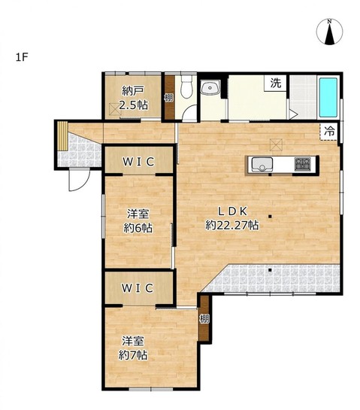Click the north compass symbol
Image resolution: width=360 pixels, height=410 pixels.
pyautogui.click(x=329, y=32)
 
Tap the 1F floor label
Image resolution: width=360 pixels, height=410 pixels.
pyautogui.click(x=22, y=57)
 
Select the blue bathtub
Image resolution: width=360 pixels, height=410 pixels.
pyautogui.click(x=328, y=97)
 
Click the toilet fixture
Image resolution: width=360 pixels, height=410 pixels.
pyautogui.click(x=186, y=87)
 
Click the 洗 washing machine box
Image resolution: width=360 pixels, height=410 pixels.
pyautogui.click(x=275, y=83)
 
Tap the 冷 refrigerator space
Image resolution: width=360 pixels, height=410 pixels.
pyautogui.click(x=329, y=132)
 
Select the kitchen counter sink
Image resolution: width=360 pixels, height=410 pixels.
pyautogui.click(x=262, y=165)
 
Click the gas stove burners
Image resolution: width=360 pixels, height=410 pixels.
pyautogui.click(x=303, y=164)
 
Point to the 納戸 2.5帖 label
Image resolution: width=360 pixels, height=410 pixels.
pyautogui.click(x=133, y=98)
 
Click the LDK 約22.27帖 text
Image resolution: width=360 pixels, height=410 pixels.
pyautogui.click(x=232, y=218)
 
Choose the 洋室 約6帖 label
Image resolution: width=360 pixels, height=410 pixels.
pyautogui.click(x=138, y=221)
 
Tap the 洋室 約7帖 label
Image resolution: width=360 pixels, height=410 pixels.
pyautogui.click(x=133, y=348)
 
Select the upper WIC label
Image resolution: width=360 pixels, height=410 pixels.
pyautogui.click(x=138, y=162)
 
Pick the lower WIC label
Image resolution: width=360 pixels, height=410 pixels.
pyautogui.click(x=137, y=288)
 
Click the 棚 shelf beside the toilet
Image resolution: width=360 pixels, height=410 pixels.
pyautogui.click(x=169, y=98)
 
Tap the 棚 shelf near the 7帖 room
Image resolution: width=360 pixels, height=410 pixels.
pyautogui.click(x=204, y=318)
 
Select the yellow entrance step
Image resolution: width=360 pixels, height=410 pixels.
pyautogui.click(x=62, y=135)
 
